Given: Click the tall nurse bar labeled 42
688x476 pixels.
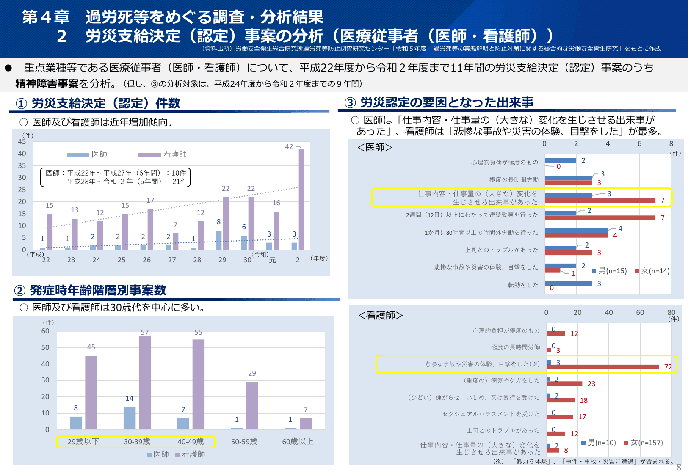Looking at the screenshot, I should point(301,199).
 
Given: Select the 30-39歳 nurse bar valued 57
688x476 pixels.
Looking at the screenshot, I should point(145,383).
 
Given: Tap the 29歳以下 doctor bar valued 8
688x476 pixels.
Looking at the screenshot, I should point(76,423).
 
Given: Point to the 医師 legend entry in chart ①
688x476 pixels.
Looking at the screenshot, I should point(88,154).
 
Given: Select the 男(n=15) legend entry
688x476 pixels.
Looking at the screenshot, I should point(609,271).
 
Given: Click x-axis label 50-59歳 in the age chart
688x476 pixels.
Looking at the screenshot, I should point(244,442).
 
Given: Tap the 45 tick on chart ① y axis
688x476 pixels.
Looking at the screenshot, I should point(22,142).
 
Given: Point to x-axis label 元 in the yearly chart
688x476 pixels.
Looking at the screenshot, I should point(273,260).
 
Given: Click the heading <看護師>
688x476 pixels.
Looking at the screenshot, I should point(380,316).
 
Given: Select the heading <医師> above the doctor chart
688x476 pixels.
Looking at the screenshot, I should point(375,147).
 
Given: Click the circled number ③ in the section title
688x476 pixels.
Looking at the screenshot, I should point(350,103).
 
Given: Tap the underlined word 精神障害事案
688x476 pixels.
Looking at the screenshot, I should point(47,84).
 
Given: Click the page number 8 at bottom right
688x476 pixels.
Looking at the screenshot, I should point(679,467).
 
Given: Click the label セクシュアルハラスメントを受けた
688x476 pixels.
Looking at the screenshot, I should point(491,414).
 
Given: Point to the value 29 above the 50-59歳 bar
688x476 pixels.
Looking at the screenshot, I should point(252,373).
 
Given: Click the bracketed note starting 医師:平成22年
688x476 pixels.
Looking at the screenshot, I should point(116,177).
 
